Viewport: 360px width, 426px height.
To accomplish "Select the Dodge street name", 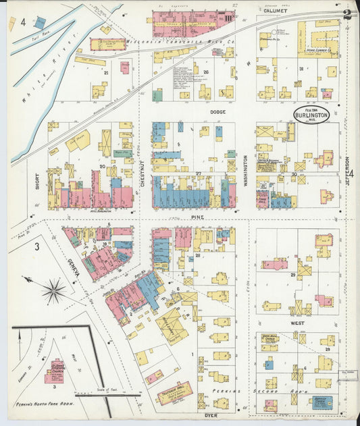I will (217, 111).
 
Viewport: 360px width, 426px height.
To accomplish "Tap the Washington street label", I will (245, 171).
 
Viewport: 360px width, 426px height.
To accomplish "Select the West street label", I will (298, 323).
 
